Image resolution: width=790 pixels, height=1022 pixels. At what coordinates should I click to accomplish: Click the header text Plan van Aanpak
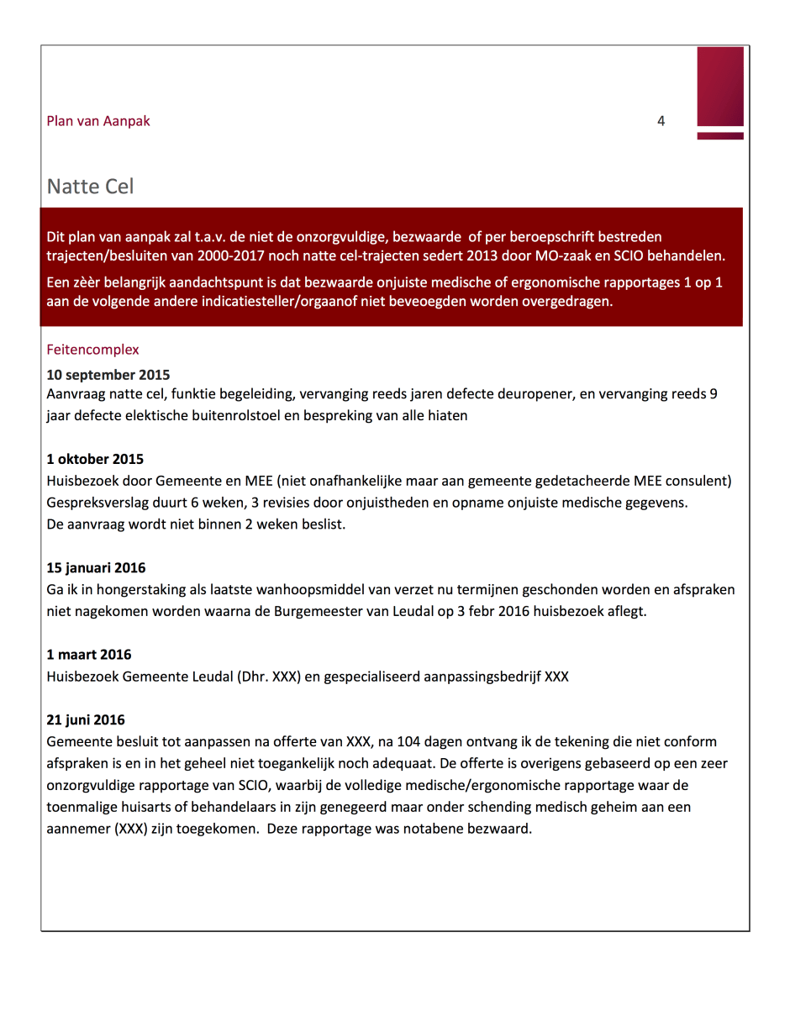pyautogui.click(x=98, y=121)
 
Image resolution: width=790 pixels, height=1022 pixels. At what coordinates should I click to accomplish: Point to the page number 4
pyautogui.click(x=661, y=121)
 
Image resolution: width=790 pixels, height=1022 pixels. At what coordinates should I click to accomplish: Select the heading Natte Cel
pyautogui.click(x=90, y=186)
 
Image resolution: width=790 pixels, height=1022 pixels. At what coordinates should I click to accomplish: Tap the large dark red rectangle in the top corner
pyautogui.click(x=720, y=86)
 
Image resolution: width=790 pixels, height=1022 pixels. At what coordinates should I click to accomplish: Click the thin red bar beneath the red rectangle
pyautogui.click(x=720, y=135)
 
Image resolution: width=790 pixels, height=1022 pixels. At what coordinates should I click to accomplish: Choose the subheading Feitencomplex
pyautogui.click(x=92, y=349)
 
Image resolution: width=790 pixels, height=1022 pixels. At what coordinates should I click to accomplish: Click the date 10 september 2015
pyautogui.click(x=108, y=375)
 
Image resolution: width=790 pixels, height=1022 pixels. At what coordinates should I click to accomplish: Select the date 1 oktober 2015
pyautogui.click(x=95, y=459)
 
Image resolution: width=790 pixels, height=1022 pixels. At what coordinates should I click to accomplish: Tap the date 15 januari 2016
pyautogui.click(x=96, y=568)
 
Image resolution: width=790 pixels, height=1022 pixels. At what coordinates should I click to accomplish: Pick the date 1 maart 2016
pyautogui.click(x=89, y=655)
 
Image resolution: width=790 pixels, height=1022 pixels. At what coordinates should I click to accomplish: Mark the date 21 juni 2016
pyautogui.click(x=86, y=720)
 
